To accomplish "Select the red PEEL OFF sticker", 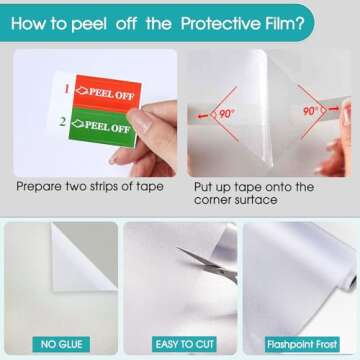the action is [x=107, y=92].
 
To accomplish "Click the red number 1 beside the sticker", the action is [x=67, y=89].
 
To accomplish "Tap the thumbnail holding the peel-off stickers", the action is [x=95, y=113].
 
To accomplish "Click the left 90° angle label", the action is [x=225, y=114].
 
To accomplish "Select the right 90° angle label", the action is [x=310, y=111].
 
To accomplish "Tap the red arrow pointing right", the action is [x=333, y=109].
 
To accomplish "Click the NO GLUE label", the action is [x=61, y=344].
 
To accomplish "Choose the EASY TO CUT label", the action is [x=184, y=344].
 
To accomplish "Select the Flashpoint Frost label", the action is [x=302, y=344].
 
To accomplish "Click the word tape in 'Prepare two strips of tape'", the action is [x=150, y=187].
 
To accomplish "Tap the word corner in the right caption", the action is [x=212, y=200].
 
